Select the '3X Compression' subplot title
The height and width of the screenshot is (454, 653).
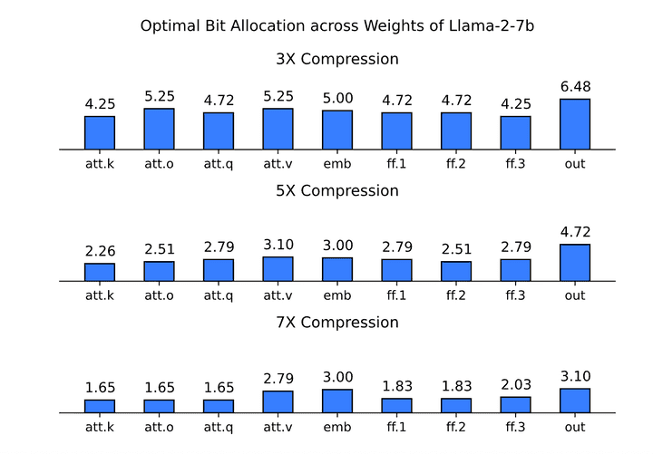point(337,60)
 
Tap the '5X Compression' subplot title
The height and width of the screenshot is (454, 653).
point(337,191)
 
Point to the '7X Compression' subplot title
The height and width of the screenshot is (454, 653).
point(337,323)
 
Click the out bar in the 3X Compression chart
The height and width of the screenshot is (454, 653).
point(575,124)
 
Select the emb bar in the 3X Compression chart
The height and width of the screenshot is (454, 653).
point(337,130)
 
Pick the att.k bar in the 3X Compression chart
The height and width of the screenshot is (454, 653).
point(100,132)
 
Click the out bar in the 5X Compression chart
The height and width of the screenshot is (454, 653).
point(575,263)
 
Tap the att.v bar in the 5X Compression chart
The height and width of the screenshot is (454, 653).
point(278,269)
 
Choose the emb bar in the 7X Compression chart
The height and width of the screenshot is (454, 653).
point(337,401)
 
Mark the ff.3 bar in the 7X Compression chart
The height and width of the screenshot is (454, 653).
point(515,405)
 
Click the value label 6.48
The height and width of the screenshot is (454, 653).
point(575,87)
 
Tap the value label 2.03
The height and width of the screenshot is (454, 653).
point(515,385)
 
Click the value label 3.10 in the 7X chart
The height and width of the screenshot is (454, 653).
point(575,377)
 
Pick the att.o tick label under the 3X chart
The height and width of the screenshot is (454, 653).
point(159,164)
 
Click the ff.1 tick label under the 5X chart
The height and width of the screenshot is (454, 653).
point(396,295)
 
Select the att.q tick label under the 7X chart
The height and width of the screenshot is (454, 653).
point(219,427)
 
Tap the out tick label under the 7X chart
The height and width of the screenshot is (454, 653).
point(575,427)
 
